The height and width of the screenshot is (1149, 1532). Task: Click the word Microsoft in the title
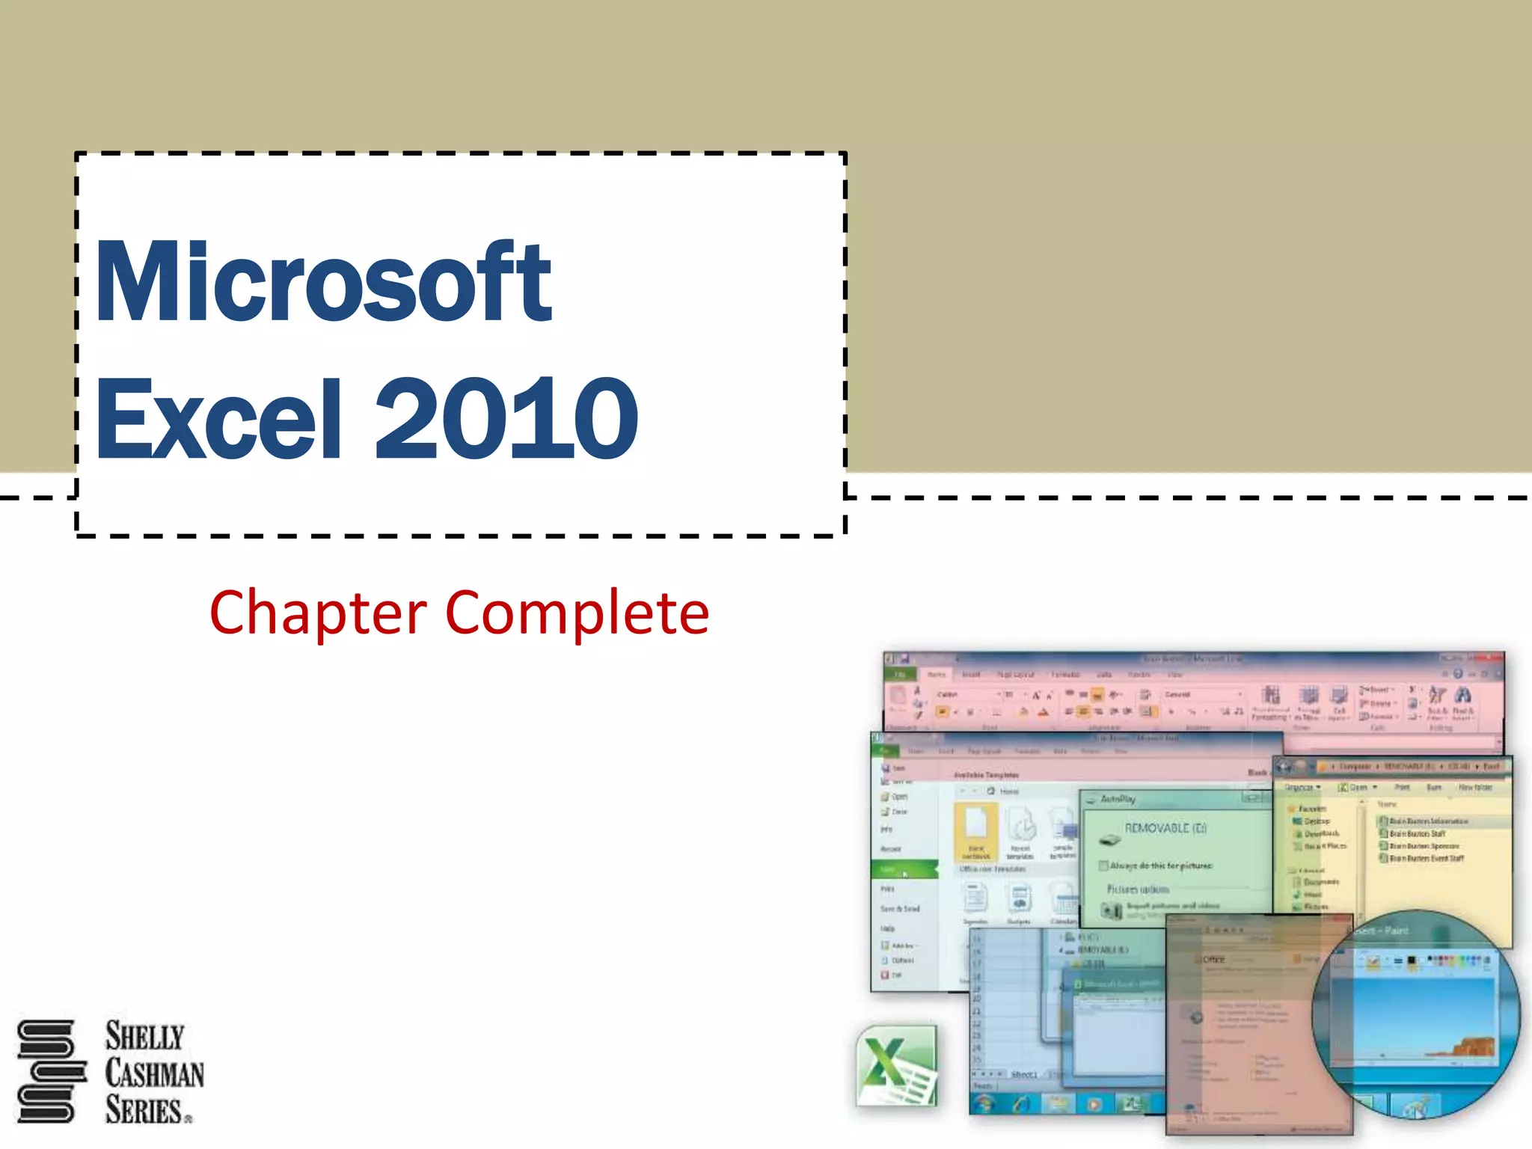tap(323, 282)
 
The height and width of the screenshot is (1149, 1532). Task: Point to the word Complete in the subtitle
tap(577, 613)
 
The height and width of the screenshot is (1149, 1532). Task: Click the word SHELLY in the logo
tap(144, 1037)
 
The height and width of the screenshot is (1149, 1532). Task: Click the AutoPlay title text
tap(1118, 799)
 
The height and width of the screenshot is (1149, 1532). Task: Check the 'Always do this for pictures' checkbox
tap(1103, 865)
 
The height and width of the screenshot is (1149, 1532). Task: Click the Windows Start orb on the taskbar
tap(984, 1103)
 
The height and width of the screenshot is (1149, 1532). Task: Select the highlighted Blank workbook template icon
tap(976, 831)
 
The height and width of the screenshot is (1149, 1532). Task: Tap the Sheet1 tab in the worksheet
tap(1024, 1075)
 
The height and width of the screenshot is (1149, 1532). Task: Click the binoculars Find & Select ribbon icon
tap(1463, 696)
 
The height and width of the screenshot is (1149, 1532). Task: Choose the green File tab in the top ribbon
tap(901, 674)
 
